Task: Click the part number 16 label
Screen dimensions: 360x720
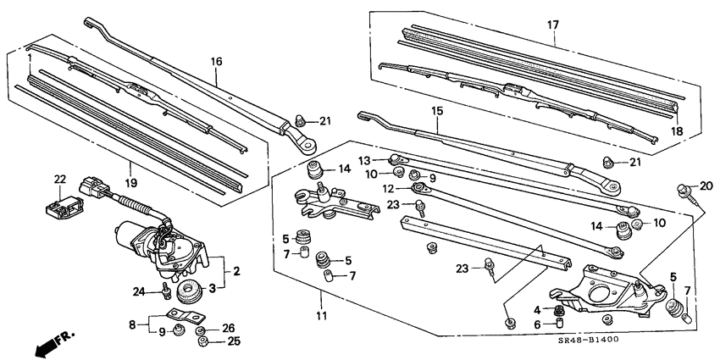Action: tap(216, 62)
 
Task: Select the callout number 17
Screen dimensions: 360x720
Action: tap(552, 25)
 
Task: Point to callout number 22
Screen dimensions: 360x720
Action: tap(59, 178)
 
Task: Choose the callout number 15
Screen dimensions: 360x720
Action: tap(437, 111)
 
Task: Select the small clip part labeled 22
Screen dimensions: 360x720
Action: tap(61, 204)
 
